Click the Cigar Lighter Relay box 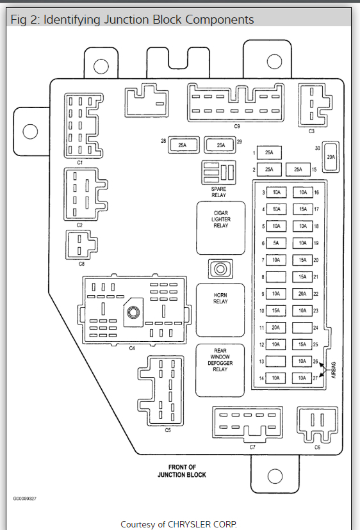(x=220, y=228)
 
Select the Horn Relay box (x=220, y=310)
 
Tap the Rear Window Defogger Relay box (x=220, y=370)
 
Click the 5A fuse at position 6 (x=276, y=243)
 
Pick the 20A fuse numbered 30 (x=331, y=157)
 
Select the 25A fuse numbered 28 (x=183, y=145)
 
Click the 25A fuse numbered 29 (x=220, y=145)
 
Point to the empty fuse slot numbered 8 (x=276, y=277)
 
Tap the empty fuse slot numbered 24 (x=302, y=328)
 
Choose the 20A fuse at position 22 (x=302, y=294)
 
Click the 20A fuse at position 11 (x=276, y=328)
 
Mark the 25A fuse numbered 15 (x=298, y=170)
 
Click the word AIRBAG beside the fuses (x=334, y=370)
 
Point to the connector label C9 (x=237, y=126)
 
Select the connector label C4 (x=132, y=348)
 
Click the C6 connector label (x=317, y=447)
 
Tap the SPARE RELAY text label (x=218, y=192)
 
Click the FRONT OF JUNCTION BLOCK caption (x=182, y=471)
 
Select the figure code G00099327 (x=25, y=499)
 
